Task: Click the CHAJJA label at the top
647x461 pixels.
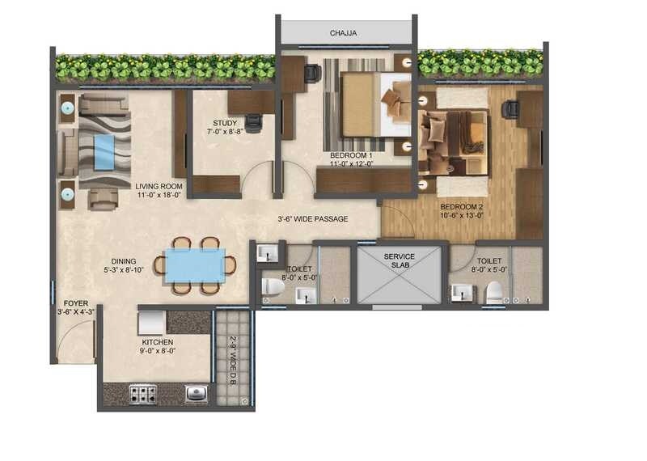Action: coord(343,33)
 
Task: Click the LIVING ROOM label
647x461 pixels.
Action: coord(159,186)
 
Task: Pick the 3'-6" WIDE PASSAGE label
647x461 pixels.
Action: coord(312,218)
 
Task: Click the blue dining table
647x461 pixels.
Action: coord(195,265)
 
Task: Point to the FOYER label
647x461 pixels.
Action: coord(73,304)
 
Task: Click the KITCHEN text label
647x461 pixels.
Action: coord(157,342)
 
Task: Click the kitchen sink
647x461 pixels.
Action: coord(197,394)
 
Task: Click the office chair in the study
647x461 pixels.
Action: coord(253,123)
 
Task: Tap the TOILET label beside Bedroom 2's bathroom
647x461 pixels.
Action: coord(489,261)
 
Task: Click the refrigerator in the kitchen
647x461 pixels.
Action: coord(151,322)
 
